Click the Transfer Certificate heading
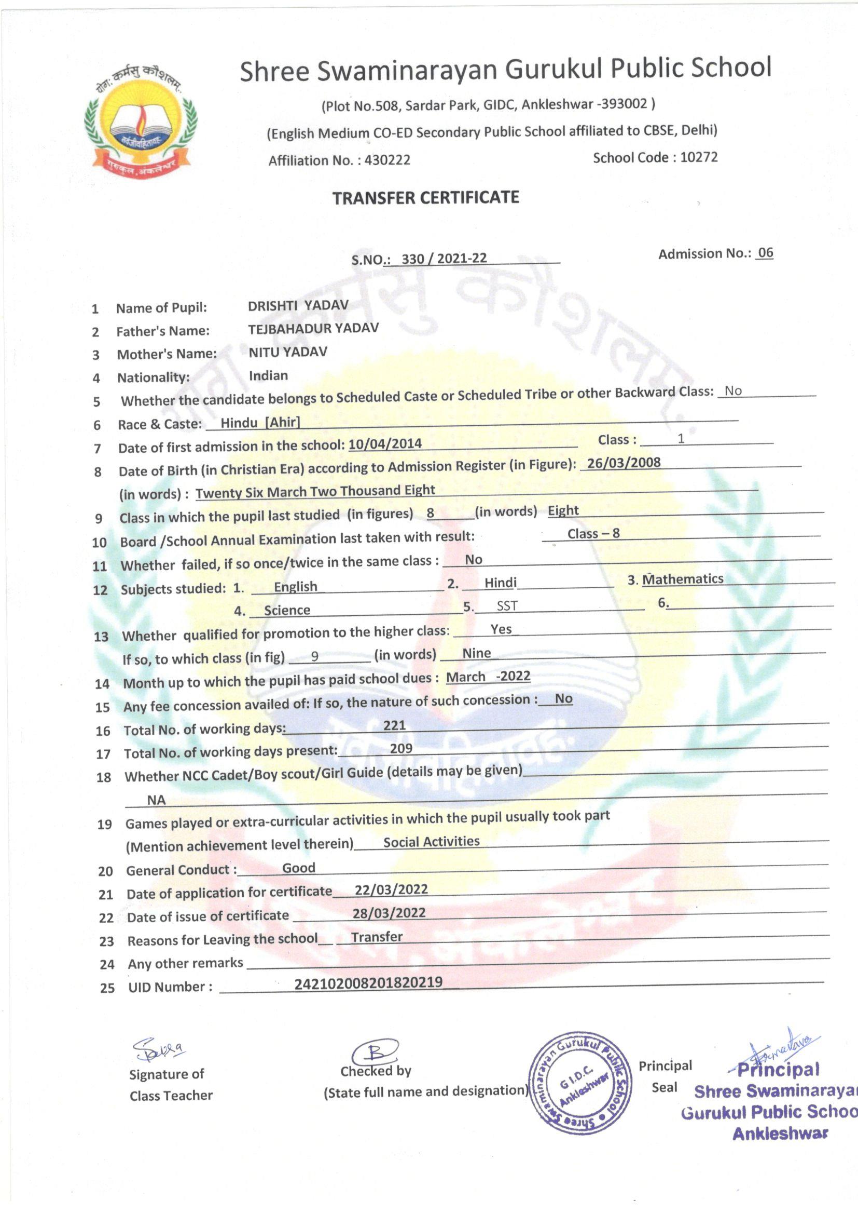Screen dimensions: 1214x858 click(x=425, y=198)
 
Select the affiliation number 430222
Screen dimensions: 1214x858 click(x=387, y=160)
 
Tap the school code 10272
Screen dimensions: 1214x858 click(x=698, y=157)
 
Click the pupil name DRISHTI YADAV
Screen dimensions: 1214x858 click(x=298, y=305)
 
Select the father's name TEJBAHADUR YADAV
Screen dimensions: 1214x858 click(x=313, y=328)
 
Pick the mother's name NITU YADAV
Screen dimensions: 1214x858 click(x=288, y=352)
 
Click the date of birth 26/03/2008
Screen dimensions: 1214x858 click(x=624, y=463)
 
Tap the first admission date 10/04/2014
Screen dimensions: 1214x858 click(x=384, y=443)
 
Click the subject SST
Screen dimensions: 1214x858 click(x=507, y=606)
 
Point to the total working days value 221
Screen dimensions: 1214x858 click(x=394, y=725)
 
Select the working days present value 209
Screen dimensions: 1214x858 click(x=401, y=748)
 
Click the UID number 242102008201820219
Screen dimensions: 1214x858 click(x=368, y=982)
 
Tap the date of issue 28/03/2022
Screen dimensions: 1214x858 click(x=389, y=913)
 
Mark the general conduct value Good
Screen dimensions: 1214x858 click(x=298, y=868)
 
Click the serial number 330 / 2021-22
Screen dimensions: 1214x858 click(x=444, y=259)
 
